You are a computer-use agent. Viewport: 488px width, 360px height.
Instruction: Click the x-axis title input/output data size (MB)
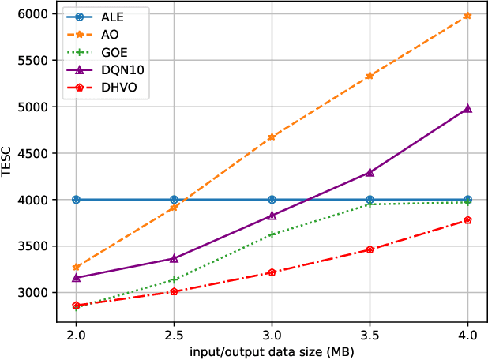point(272,350)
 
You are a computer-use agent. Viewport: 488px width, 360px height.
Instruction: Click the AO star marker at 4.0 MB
point(467,16)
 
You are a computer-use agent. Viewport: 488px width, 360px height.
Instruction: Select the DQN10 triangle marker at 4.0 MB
point(467,108)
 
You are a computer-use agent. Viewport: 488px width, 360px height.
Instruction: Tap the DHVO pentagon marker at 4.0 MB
point(467,220)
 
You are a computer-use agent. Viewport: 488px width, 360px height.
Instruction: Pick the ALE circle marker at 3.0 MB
point(272,200)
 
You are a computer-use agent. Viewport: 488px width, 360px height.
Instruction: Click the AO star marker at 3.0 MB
point(272,137)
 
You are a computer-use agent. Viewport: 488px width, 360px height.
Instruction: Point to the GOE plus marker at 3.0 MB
point(272,234)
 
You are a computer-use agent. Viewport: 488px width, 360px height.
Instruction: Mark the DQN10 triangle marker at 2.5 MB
point(174,258)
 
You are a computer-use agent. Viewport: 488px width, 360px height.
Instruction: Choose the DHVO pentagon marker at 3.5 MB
point(370,249)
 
